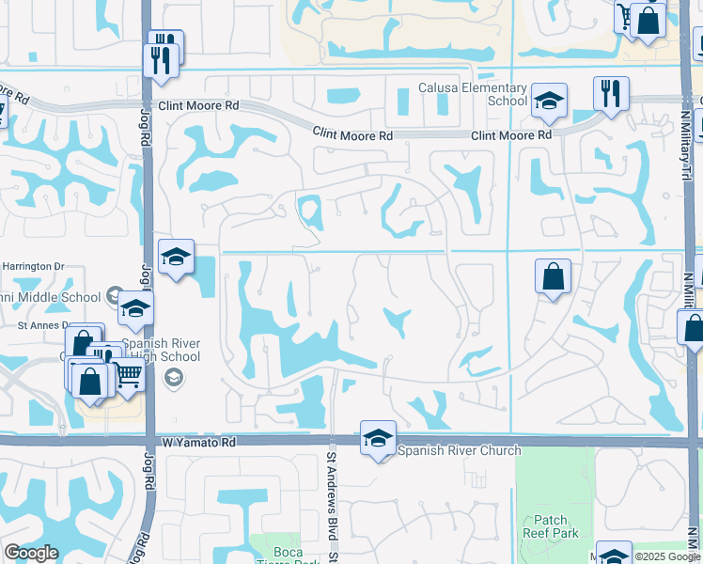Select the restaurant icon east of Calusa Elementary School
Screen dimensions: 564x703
click(x=611, y=94)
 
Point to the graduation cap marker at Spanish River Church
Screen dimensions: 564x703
click(x=379, y=438)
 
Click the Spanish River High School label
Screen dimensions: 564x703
click(x=166, y=350)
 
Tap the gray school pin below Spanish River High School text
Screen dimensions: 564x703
click(x=173, y=378)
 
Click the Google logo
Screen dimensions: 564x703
click(x=31, y=554)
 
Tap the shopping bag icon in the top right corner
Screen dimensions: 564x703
click(x=648, y=20)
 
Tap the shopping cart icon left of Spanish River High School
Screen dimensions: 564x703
click(x=129, y=377)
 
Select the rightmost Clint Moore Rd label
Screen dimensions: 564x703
click(x=511, y=136)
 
